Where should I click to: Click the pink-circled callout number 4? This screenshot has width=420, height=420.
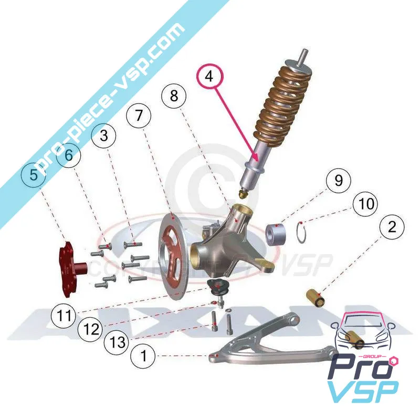coord(209,77)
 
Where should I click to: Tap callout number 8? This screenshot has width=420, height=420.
coord(174,96)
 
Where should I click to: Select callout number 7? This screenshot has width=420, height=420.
coord(138,117)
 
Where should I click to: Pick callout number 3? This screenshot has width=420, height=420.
coord(103,135)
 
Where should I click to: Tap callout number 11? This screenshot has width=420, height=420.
coord(64,316)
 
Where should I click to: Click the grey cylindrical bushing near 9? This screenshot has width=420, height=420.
coord(276,233)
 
